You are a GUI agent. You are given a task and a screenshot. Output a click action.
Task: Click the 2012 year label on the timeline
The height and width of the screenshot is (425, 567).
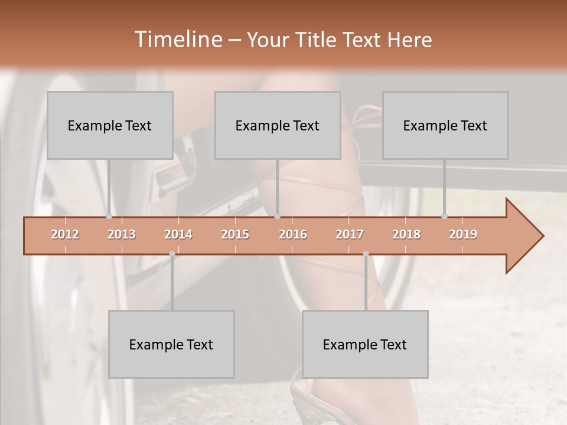[65, 234]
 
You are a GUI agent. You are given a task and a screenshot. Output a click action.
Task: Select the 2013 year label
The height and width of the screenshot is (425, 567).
[122, 234]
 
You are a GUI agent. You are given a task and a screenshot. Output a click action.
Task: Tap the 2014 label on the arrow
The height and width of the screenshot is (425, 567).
[178, 234]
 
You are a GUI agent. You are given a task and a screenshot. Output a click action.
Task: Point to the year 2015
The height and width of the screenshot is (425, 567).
[235, 234]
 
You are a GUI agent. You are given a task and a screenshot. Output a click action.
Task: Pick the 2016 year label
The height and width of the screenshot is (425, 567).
[293, 234]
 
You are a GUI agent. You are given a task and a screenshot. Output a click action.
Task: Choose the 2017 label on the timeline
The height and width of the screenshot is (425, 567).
[350, 234]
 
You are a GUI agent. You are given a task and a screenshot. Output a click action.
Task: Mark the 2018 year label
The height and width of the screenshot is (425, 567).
[406, 234]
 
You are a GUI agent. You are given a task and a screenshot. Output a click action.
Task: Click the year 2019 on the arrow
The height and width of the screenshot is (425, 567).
[463, 234]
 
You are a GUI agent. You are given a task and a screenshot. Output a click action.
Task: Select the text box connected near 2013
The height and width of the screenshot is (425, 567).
[110, 125]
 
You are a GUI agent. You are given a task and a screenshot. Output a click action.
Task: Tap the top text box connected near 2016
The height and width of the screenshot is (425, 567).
[278, 125]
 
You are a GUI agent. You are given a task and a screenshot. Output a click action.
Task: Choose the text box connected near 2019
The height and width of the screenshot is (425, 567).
[445, 125]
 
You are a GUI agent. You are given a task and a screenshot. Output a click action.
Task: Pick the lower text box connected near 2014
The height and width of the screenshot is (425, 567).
[171, 344]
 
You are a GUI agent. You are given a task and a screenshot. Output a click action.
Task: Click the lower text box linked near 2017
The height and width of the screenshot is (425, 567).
[365, 344]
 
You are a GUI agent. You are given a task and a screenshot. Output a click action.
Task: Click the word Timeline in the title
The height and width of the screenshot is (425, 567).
[177, 40]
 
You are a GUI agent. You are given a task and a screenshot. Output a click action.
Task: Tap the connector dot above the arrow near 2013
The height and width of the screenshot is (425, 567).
[109, 217]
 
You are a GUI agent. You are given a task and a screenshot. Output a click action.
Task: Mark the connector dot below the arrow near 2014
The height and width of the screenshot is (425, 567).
[172, 254]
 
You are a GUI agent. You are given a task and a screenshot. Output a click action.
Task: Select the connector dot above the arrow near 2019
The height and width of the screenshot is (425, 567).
[444, 217]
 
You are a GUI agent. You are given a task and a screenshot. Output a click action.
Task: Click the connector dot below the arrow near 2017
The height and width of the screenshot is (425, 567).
[366, 254]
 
